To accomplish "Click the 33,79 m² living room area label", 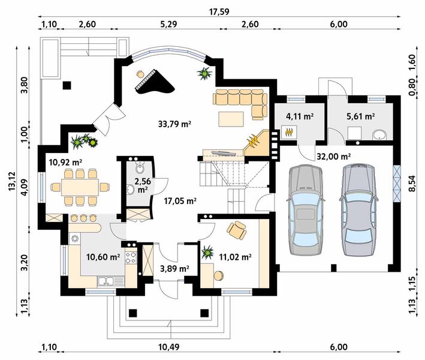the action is pos(175,124).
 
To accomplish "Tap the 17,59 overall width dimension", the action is pos(219,12).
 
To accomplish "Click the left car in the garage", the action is pos(306,210).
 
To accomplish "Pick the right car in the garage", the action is pos(358,210).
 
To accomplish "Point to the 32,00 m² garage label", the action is pos(334,157).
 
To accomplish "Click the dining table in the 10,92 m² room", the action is pos(80,187).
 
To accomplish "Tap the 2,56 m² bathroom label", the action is pos(142,185).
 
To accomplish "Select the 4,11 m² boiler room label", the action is pos(300,116).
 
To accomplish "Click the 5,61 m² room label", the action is pos(361,116).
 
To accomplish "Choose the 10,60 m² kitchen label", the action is pos(103,257).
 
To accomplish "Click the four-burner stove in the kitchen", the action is pos(131,258).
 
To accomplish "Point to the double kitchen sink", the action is pos(108,281).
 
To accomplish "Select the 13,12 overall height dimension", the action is pos(12,181).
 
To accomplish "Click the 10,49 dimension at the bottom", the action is pos(169,347).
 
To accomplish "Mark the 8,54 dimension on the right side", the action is pos(412,184).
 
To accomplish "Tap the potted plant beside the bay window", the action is pos(204,74).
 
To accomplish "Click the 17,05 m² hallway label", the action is pos(180,201).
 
